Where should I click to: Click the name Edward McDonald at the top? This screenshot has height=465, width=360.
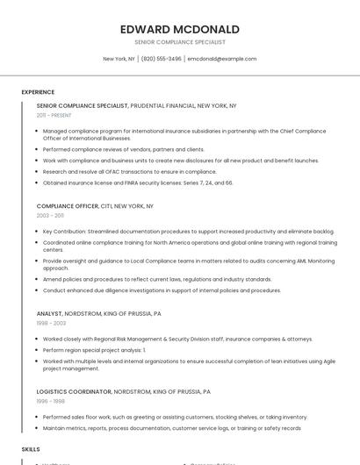pos(180,29)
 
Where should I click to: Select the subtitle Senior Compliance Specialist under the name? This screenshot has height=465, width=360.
pos(180,42)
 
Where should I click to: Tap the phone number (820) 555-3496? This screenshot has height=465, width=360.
pos(162,59)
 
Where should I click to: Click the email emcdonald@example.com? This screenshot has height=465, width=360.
pos(222,59)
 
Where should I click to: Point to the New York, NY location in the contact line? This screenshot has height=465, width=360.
pos(119,59)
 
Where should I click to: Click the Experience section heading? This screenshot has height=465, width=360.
pos(38,92)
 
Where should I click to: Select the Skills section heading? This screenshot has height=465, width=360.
pos(31,448)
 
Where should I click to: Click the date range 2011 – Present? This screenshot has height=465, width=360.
pos(54,115)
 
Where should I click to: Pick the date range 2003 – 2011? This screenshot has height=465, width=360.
pos(50,215)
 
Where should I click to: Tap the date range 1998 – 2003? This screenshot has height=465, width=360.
pos(51,323)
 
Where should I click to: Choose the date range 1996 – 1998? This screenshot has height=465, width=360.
pos(51,401)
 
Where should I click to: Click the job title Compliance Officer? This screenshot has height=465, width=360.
pos(68,205)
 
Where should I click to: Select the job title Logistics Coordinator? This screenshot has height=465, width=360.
pos(74,391)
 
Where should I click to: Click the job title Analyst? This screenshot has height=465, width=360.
pos(49,313)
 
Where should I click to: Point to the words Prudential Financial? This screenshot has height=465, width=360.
pos(162,105)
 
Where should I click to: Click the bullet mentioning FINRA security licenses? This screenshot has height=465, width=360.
pos(139,182)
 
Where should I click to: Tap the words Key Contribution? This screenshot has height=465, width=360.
pos(64,232)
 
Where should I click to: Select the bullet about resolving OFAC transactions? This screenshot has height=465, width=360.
pos(129,172)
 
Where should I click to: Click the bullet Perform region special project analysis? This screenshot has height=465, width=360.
pos(94,349)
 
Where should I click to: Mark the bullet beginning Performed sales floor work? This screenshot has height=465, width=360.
pos(175,417)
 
